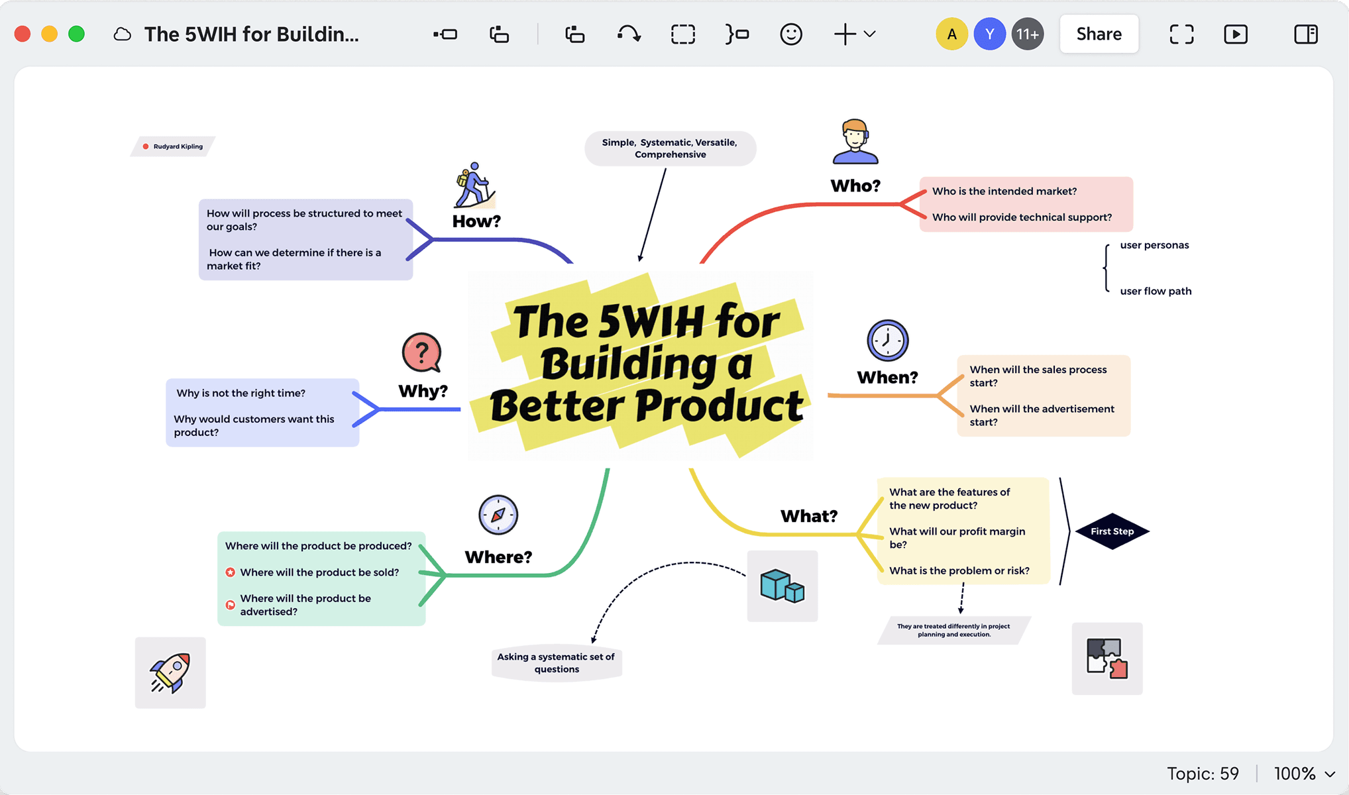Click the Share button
click(1099, 34)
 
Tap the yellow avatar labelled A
click(951, 34)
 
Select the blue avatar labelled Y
click(989, 34)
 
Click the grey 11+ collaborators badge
click(1027, 34)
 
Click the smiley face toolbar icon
click(790, 34)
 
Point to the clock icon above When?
click(887, 341)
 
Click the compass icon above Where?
click(498, 515)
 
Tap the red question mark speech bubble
click(421, 352)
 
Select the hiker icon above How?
click(474, 185)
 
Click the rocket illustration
click(170, 672)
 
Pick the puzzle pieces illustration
click(1106, 658)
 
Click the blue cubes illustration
click(782, 586)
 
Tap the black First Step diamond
click(1112, 531)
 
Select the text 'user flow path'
click(1156, 291)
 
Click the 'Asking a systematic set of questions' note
click(556, 662)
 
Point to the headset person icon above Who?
click(855, 142)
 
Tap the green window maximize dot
click(77, 34)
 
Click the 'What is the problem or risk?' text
click(959, 570)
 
